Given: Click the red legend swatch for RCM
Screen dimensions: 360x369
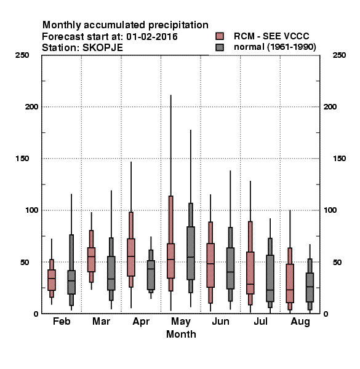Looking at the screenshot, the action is pos(220,36).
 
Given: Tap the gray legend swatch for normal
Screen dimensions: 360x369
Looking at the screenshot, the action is pos(220,47).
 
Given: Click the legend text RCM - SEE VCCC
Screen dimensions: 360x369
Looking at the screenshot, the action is pos(271,36).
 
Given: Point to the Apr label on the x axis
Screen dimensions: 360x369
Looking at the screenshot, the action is pos(141,322).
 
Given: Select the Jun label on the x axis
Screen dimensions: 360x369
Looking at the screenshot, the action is pos(220,321).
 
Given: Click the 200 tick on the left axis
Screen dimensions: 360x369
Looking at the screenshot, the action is pos(31,106).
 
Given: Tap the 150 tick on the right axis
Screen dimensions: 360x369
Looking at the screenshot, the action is pos(339,159).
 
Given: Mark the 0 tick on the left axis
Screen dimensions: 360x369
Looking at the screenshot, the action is pos(36,314).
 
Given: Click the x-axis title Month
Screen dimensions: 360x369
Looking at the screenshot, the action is pos(181,334).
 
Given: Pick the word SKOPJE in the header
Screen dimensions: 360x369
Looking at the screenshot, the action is pos(103,48).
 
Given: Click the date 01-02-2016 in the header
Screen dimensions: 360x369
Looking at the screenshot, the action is pos(152,37).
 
